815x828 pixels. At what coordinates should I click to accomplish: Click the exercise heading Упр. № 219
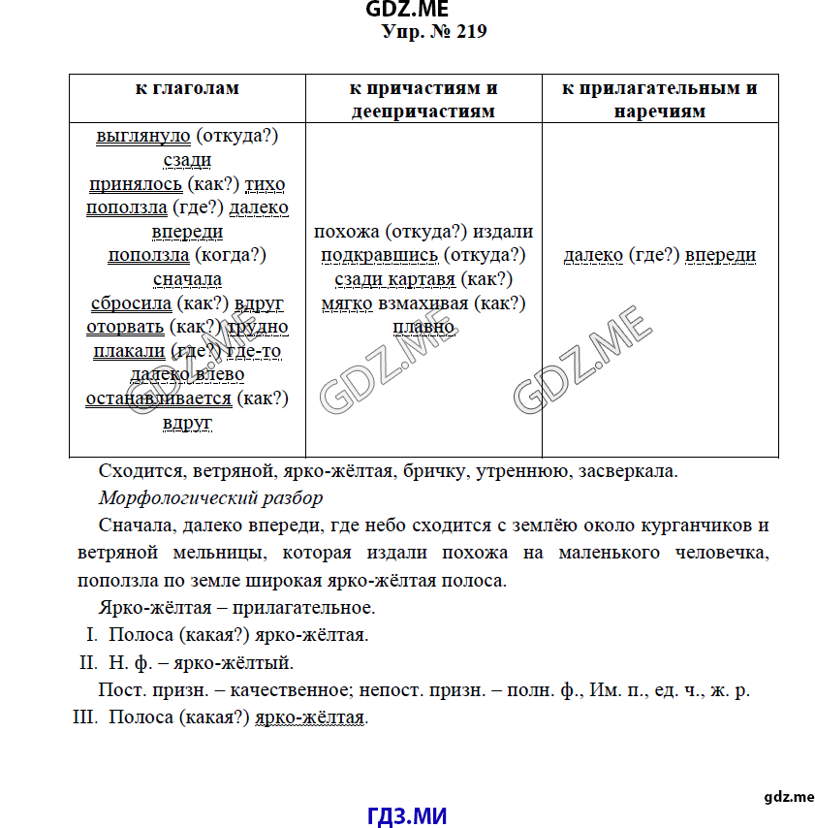tap(434, 33)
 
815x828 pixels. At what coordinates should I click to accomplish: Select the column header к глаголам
tap(187, 89)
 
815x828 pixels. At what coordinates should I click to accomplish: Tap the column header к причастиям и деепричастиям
tap(423, 100)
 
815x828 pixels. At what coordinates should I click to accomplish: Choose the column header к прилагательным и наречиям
tap(660, 100)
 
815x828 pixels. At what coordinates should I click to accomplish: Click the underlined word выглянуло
tap(143, 137)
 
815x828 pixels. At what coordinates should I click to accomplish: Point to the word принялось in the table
tap(135, 184)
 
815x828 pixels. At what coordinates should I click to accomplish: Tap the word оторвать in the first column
tap(126, 327)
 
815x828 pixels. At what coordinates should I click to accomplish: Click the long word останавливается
tap(158, 398)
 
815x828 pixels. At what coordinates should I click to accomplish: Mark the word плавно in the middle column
tap(423, 327)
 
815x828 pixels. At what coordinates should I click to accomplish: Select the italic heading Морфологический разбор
tap(210, 499)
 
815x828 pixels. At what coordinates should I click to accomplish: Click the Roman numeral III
tap(86, 717)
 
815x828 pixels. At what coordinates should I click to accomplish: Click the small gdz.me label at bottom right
tap(789, 796)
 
